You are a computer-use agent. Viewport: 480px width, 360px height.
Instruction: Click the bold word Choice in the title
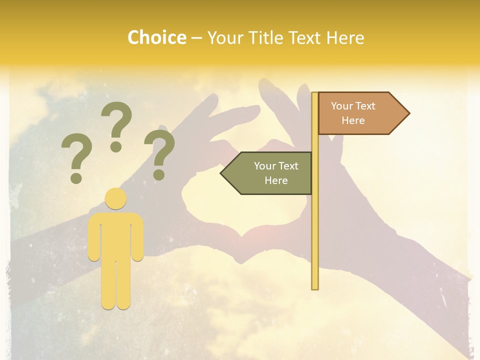point(156,38)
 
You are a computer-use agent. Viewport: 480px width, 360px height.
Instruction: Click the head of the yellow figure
point(116,199)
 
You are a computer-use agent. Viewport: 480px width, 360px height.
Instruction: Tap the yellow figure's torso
point(116,235)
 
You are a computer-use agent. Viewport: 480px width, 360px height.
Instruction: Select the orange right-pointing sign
point(357,113)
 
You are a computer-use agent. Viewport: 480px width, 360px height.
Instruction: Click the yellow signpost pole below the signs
point(315,240)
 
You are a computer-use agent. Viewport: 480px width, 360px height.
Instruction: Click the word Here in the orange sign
point(353,120)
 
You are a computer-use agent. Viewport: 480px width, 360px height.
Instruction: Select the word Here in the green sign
point(276,180)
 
